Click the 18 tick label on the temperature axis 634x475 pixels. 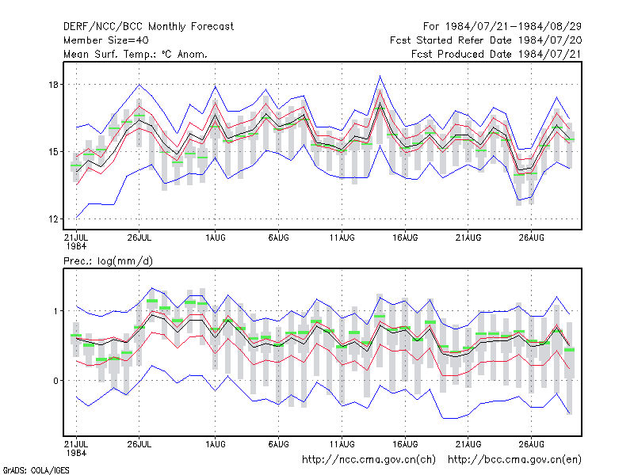53,85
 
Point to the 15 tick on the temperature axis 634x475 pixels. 53,152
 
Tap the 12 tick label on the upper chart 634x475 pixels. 53,219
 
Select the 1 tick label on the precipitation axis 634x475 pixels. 56,311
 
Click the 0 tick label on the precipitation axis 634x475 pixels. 55,381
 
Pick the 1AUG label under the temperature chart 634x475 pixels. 215,237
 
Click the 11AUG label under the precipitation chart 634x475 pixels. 342,444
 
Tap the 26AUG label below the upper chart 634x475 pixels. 531,237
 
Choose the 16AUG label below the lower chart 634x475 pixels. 405,444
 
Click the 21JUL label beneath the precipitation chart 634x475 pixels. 76,444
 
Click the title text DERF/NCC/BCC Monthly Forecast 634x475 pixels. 148,27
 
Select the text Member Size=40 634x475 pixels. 106,40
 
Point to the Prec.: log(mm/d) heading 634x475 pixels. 108,261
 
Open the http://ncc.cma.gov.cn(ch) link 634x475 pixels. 369,460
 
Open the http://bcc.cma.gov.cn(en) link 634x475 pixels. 514,460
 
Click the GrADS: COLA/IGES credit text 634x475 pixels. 36,470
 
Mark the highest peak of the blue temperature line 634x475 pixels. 380,75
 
